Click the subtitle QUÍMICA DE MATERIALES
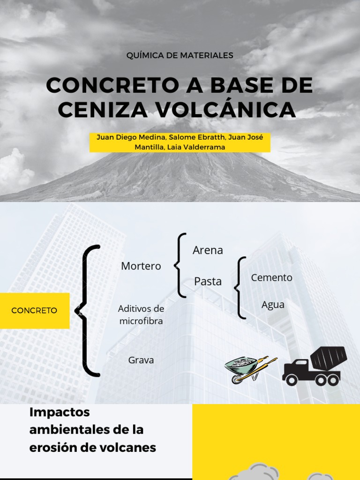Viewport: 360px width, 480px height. [180, 55]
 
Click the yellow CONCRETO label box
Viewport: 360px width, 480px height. [34, 310]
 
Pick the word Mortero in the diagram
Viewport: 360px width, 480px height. [141, 266]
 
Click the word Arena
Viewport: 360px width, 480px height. [208, 250]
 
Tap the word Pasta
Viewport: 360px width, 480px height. [208, 281]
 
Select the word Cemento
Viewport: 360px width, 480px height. [271, 277]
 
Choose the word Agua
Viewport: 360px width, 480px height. [273, 305]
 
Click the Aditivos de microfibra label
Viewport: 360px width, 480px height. [141, 315]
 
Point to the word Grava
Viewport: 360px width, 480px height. [141, 360]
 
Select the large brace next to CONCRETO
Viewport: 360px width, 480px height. [87, 310]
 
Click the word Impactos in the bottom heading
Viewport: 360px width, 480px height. [59, 412]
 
